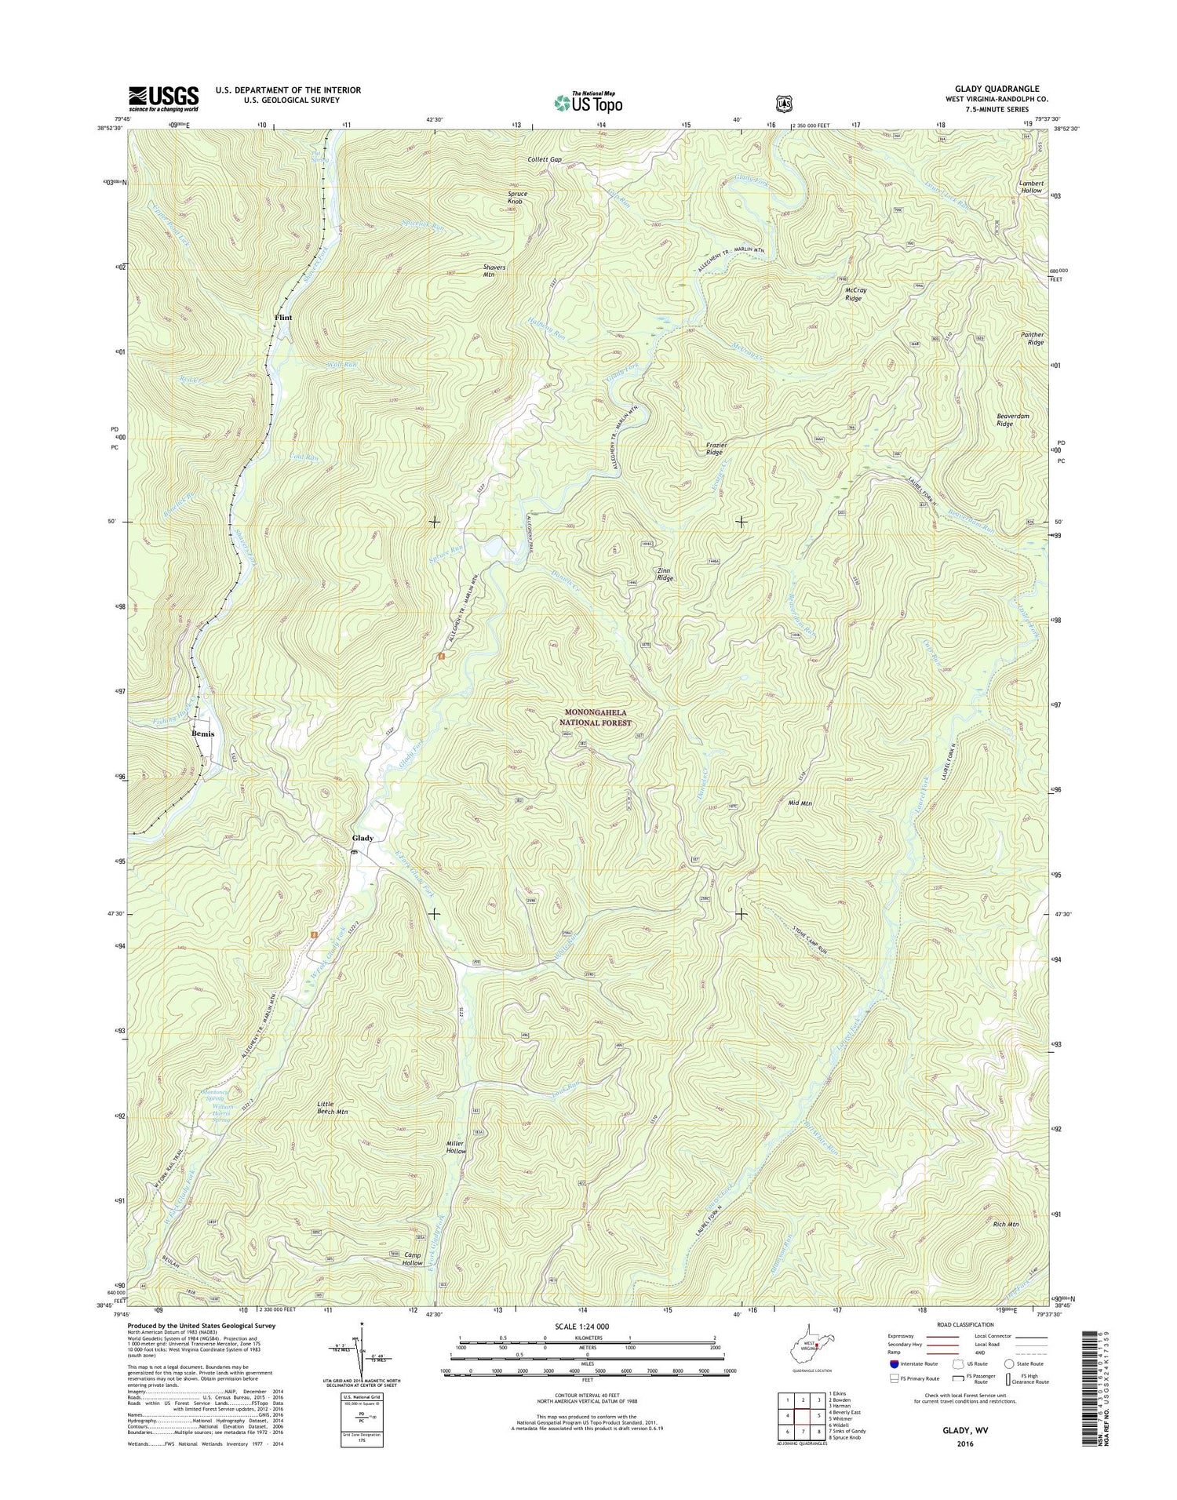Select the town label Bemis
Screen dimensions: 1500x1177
(x=202, y=734)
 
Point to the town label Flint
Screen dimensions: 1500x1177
(x=282, y=318)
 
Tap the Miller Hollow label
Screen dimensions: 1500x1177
(x=455, y=1147)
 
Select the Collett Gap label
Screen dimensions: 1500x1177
(x=545, y=159)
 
